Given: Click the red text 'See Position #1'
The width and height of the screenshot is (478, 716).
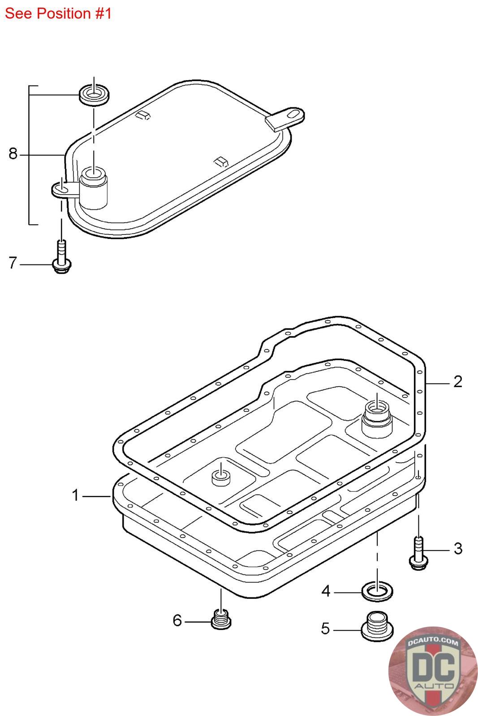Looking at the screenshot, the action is point(58,14).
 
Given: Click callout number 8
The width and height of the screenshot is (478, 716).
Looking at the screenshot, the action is point(13,154).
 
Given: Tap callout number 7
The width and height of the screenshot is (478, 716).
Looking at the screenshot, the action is point(13,263).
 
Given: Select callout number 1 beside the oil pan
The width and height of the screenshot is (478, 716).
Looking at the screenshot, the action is point(75,495).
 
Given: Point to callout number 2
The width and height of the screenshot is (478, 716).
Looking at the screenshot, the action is point(458,382).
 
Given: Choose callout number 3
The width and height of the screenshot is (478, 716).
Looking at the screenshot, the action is point(458,549).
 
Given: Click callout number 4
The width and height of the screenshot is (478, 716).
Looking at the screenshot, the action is point(326,591).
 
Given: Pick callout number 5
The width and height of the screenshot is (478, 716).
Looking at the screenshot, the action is point(325,628).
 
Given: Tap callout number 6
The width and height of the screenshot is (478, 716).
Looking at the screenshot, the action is point(177,620).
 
